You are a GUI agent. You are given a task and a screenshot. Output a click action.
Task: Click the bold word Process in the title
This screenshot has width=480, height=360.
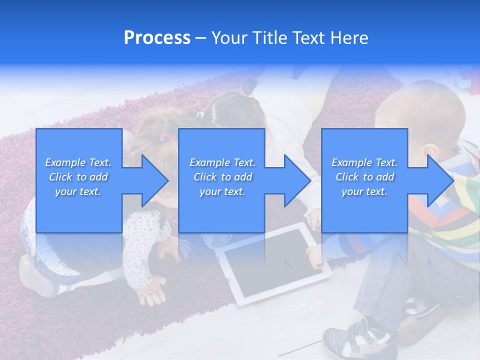(x=157, y=38)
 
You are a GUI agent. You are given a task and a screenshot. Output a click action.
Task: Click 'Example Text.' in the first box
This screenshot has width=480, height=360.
(x=78, y=162)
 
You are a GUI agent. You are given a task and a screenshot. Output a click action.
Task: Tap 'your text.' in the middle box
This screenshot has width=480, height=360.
(x=222, y=191)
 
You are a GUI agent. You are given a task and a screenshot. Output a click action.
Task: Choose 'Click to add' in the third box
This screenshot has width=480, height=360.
(x=364, y=177)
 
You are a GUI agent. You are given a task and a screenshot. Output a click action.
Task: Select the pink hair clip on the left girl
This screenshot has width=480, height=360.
(x=162, y=138)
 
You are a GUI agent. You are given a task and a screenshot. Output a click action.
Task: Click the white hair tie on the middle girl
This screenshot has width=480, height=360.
(x=200, y=114)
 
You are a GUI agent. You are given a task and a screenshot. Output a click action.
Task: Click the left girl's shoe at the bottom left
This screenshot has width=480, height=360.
(x=37, y=280)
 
